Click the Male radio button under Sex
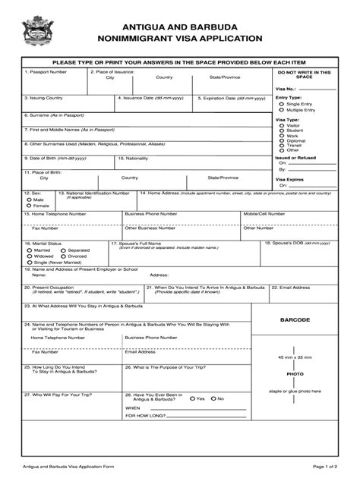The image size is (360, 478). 27,200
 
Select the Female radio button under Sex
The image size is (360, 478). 27,206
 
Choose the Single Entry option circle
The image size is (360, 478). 282,104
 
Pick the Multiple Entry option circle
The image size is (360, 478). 282,110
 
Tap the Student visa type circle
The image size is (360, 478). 282,131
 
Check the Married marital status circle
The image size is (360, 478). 27,250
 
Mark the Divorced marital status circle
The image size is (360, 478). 63,256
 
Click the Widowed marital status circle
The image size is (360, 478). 27,256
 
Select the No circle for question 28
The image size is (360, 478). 214,398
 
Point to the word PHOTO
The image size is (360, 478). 295,374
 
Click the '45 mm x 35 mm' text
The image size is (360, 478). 295,357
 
